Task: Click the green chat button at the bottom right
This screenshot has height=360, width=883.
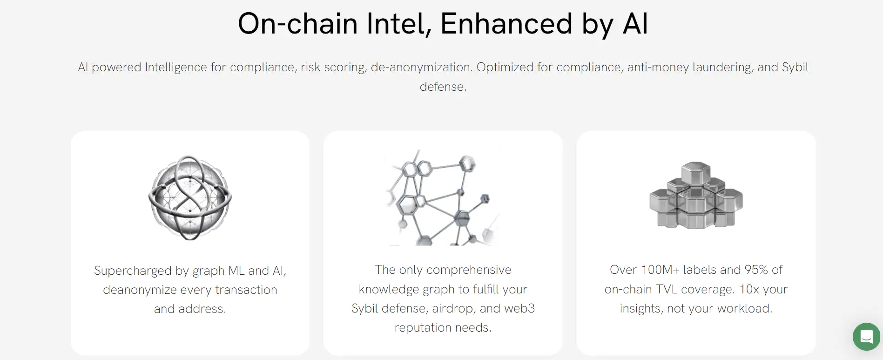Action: point(866,336)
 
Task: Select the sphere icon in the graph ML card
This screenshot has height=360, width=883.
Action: point(190,197)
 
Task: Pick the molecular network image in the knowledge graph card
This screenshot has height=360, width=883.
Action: point(443,197)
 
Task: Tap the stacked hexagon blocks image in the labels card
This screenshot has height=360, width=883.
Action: point(696,195)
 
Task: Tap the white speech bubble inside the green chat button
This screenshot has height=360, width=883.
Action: point(866,336)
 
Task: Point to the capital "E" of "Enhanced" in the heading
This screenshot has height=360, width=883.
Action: point(450,23)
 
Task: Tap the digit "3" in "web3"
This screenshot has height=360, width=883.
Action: point(531,308)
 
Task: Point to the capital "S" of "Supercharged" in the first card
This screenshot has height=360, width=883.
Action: point(98,271)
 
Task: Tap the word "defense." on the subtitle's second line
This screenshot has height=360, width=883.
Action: point(443,87)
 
